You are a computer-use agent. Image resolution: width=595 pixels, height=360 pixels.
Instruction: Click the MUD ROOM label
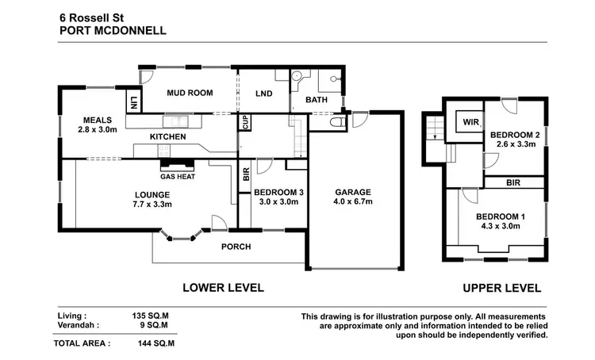189,93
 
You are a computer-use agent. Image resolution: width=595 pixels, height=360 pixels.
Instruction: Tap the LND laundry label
265,93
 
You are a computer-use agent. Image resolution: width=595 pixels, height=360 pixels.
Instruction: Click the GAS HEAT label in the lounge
178,176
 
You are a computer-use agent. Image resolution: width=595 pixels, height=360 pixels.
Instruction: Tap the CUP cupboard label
246,124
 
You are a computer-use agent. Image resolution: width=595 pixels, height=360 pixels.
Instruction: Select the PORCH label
236,247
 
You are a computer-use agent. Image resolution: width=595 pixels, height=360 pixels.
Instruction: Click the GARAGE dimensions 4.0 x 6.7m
353,202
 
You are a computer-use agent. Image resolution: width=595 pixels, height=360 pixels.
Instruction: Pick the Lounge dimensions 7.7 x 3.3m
152,205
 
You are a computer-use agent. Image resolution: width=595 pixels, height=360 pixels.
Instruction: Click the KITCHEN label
167,137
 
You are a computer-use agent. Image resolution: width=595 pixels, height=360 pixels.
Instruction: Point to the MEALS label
94,121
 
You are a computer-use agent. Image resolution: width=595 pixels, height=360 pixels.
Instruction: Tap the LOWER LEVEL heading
224,288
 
